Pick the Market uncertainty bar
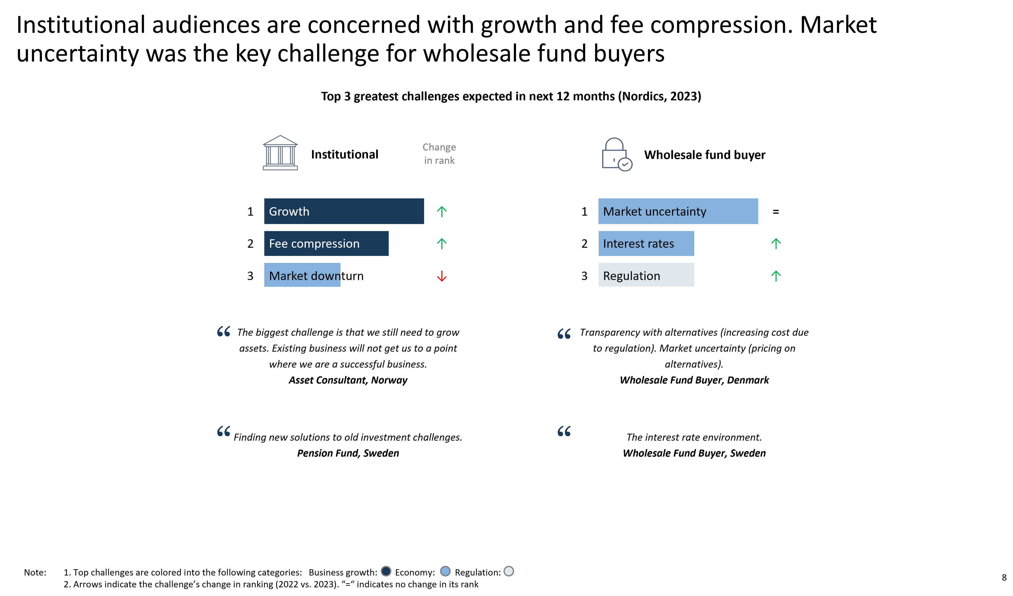coord(678,211)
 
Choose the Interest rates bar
coord(646,243)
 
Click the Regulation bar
coord(646,275)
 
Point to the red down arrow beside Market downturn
coord(442,276)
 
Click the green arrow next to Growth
coord(442,212)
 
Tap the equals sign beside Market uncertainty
coord(776,212)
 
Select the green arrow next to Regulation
coord(776,276)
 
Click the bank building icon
coord(280,153)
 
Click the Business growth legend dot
coord(386,571)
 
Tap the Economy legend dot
coord(445,571)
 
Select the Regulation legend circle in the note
coord(509,571)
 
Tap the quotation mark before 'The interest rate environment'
coord(564,431)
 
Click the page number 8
coord(1004,577)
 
